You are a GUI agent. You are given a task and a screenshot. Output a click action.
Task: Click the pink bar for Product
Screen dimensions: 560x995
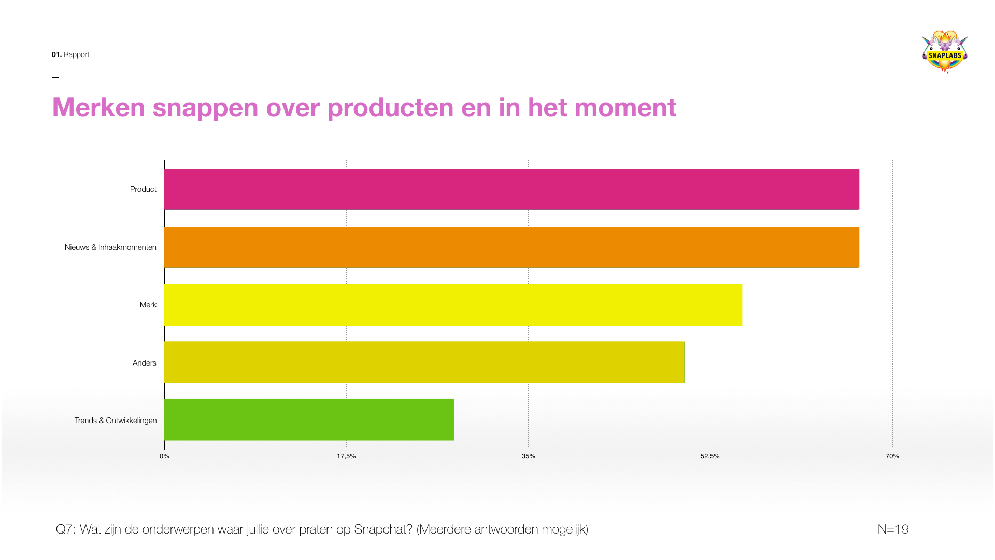click(x=511, y=189)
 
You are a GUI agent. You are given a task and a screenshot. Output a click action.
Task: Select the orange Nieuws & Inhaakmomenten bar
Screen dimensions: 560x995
click(x=511, y=247)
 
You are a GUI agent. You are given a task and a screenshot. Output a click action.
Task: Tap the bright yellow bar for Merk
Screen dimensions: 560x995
click(x=453, y=305)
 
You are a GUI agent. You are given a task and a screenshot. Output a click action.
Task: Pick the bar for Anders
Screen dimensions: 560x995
click(x=424, y=362)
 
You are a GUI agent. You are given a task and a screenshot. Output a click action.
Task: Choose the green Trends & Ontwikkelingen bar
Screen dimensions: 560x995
click(x=309, y=419)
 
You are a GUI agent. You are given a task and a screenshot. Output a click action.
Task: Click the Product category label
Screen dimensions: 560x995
click(x=143, y=189)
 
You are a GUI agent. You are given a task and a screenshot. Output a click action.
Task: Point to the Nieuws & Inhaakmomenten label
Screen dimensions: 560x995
click(x=110, y=247)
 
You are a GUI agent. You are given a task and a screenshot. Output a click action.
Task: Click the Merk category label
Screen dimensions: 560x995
click(x=148, y=305)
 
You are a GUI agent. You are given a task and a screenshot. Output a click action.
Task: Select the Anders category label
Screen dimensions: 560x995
click(x=144, y=363)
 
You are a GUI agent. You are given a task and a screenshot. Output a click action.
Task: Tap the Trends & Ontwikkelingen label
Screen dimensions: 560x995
click(x=116, y=421)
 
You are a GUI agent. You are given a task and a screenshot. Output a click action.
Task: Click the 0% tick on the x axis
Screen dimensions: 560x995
click(x=164, y=456)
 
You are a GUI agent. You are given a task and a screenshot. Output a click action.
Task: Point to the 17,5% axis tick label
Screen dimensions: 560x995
click(x=346, y=456)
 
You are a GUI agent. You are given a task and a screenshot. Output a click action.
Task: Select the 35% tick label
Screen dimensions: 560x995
click(x=528, y=456)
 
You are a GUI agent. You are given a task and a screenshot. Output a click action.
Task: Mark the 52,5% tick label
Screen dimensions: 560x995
click(x=710, y=456)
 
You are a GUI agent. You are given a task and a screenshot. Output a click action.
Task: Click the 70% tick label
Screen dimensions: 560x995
click(x=892, y=456)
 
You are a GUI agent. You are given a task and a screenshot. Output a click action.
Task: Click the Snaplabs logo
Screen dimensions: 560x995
click(x=945, y=52)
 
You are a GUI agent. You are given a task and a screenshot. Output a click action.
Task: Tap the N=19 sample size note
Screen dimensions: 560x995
click(x=893, y=529)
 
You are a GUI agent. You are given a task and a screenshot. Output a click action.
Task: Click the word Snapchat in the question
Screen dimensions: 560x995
click(x=383, y=529)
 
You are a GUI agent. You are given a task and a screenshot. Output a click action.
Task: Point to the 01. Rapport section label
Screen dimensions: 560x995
click(x=70, y=54)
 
